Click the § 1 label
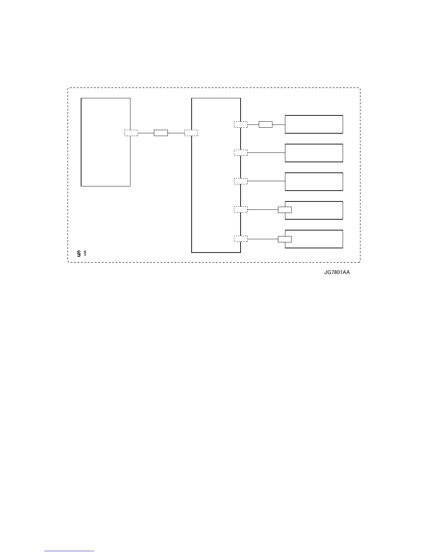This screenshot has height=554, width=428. pos(82,253)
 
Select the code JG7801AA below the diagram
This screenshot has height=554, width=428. pos(337,273)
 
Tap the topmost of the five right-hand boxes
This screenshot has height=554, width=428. pos(314,124)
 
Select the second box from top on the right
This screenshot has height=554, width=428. pos(314,153)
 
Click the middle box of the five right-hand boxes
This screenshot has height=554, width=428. pos(314,182)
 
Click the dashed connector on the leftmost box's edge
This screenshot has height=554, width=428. pos(131,133)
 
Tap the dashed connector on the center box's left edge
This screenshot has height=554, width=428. pos(191,133)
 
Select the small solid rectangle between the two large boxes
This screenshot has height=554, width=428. pos(161,133)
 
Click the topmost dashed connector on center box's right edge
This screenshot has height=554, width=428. pos(241,124)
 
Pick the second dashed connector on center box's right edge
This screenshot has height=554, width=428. pos(241,152)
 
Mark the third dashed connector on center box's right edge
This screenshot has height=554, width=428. pos(241,181)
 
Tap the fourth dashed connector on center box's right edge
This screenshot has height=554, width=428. pos(241,209)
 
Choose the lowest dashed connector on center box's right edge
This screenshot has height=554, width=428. pos(241,239)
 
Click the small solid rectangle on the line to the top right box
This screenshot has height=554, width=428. pos(265,124)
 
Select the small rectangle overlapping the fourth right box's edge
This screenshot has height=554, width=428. pos(285,210)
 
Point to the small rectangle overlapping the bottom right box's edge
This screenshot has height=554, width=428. pos(285,239)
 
